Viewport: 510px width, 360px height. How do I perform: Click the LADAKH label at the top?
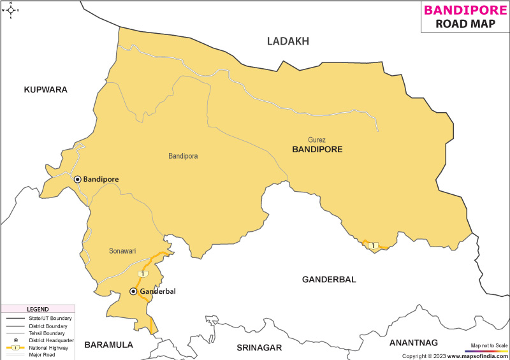(288, 41)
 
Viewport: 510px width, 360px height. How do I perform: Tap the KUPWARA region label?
(45, 90)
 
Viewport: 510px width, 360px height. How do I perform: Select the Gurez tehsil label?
(316, 140)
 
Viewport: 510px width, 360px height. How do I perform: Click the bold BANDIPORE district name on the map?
(317, 150)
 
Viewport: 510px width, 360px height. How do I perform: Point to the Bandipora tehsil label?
(183, 156)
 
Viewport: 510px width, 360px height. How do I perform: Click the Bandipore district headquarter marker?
(77, 180)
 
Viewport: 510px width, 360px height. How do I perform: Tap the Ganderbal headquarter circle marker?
(133, 291)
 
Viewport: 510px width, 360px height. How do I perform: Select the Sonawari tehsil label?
(122, 251)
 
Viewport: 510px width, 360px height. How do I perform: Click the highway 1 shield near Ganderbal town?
(143, 274)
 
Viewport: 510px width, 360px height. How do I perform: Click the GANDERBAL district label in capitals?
(329, 280)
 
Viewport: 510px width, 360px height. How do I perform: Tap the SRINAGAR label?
(259, 347)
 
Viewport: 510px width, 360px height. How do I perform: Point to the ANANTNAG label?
(414, 342)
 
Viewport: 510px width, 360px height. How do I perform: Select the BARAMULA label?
(108, 345)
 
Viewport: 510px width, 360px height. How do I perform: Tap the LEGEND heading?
(36, 309)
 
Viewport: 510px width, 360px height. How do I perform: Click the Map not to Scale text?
(489, 345)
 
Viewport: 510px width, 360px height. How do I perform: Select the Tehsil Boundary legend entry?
(45, 333)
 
